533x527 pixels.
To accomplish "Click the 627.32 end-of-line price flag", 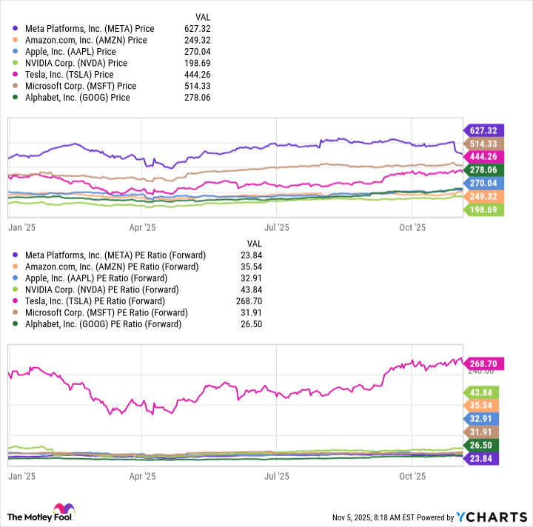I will point(482,129).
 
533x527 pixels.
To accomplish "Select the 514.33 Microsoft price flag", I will point(482,143).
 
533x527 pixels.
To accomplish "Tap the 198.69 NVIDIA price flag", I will point(482,209).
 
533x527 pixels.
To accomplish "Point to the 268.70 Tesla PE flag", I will point(482,363).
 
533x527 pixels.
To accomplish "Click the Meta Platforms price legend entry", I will point(89,29).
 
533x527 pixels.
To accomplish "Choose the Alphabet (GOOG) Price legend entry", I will point(77,97).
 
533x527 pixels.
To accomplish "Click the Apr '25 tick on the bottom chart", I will point(142,477).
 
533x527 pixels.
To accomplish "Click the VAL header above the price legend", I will point(202,16).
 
